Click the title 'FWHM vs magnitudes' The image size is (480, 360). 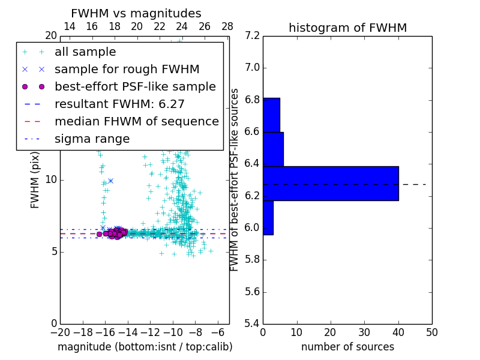coord(136,14)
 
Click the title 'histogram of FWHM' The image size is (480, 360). coord(347,28)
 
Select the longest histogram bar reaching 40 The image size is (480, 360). coord(331,183)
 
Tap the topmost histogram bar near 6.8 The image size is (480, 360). coord(271,115)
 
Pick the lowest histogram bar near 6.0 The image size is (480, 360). coord(268,218)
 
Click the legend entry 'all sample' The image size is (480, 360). coord(85,52)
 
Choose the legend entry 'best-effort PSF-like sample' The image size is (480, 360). coord(135,86)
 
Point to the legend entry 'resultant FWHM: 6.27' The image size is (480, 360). coord(119,104)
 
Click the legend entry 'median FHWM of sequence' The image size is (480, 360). coord(136,121)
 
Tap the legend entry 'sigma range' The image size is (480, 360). coord(92,139)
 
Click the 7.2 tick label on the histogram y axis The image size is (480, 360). coord(252,36)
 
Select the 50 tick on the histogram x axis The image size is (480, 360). coord(431,332)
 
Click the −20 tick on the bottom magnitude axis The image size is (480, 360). coord(60,332)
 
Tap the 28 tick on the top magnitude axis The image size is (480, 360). coord(227,26)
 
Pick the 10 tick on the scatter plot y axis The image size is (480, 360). coord(50,180)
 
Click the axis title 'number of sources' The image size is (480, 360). coord(347,347)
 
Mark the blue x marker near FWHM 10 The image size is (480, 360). coord(110,180)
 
